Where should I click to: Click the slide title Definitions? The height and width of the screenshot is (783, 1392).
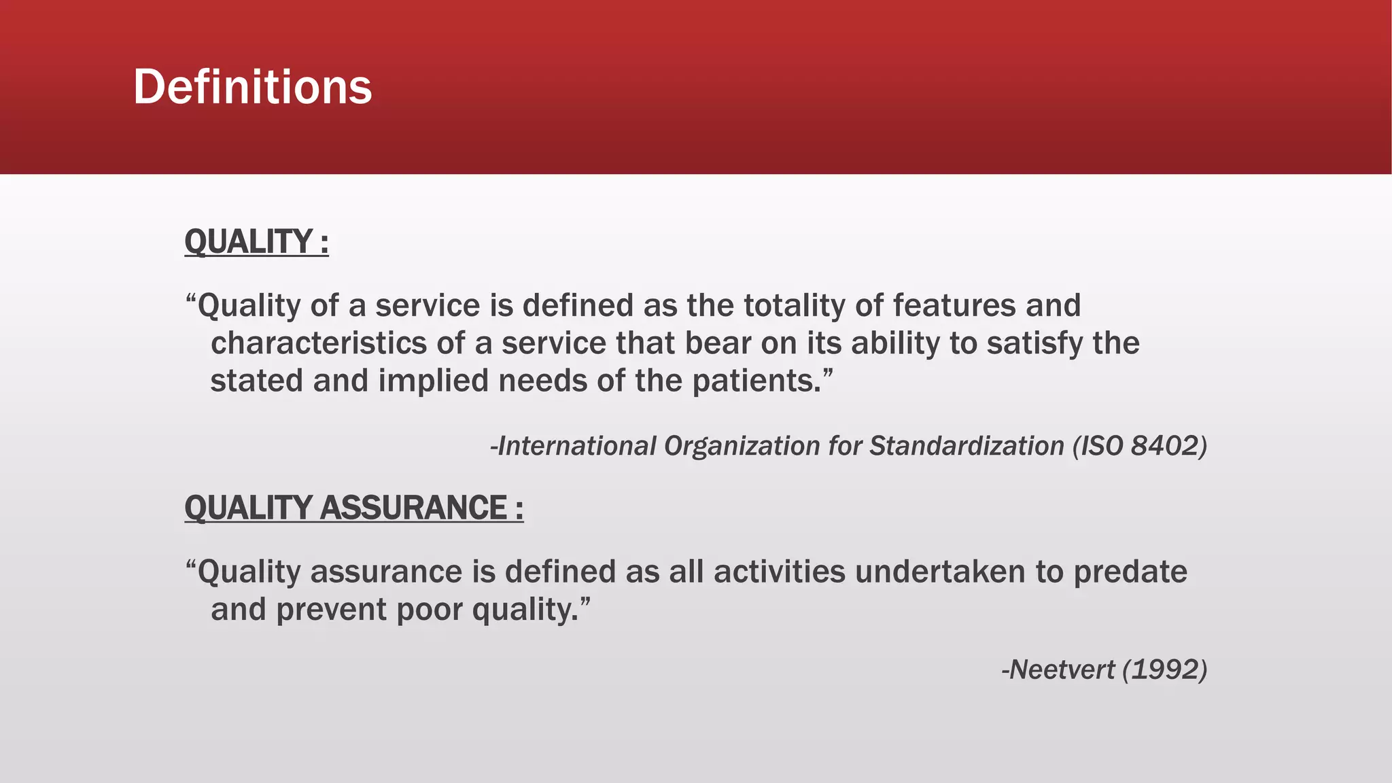coord(252,87)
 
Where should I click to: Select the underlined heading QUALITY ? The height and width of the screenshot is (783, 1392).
coord(256,242)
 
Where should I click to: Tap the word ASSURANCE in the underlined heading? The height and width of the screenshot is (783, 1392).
coord(413,508)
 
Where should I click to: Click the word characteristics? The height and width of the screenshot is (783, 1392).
coord(319,343)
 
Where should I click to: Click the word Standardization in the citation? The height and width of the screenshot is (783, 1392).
coord(967,446)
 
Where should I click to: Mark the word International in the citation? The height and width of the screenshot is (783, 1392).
coord(577,446)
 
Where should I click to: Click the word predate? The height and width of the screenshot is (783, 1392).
coord(1130,572)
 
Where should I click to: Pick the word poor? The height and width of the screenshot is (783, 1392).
coord(429,609)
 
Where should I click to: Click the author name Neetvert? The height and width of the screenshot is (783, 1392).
coord(1062,669)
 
